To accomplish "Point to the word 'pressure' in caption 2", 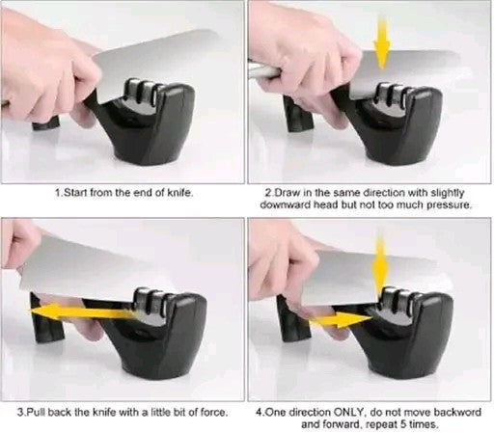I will coord(447,204).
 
